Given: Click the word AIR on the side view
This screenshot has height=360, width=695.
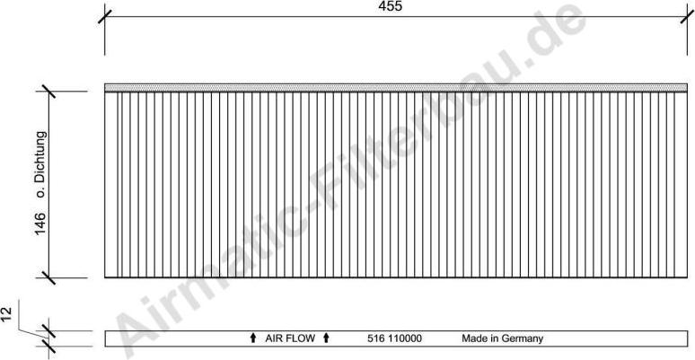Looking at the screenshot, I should coord(274,339).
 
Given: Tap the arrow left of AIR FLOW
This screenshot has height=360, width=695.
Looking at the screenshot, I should coord(253,339).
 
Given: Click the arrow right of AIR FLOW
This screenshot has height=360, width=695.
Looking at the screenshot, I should coord(326,339).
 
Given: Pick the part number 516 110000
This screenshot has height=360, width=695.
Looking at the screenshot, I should coord(395,339).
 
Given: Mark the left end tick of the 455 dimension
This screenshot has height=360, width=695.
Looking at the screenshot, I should coord(105,15).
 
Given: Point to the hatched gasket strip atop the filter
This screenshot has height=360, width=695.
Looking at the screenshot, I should coord(395,87).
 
